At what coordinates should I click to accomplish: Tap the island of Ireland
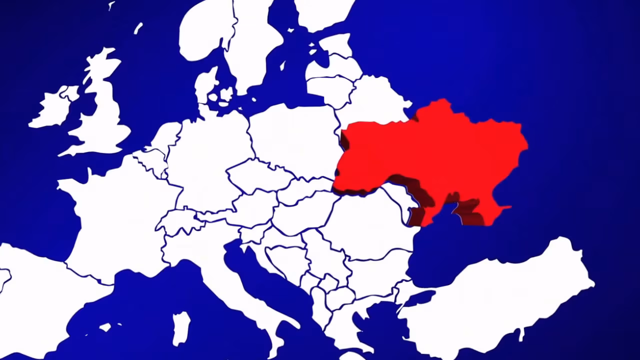[52, 107]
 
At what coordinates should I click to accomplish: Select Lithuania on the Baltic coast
[330, 87]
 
